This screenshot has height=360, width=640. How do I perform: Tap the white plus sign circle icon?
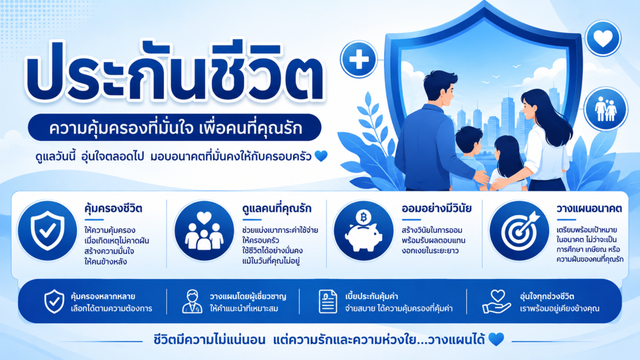[359, 59]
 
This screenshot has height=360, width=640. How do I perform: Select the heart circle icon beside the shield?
[603, 38]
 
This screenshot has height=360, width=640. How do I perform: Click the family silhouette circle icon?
[606, 109]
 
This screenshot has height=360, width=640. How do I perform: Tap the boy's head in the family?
[469, 140]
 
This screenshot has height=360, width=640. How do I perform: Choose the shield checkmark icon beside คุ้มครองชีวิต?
[47, 230]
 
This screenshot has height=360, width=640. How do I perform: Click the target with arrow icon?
[519, 230]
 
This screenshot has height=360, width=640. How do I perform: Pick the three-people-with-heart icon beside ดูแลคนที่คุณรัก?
[204, 230]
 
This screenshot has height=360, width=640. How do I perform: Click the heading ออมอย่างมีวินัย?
[437, 209]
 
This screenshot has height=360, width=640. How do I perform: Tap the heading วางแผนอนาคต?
[589, 209]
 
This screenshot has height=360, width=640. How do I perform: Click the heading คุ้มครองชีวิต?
[114, 209]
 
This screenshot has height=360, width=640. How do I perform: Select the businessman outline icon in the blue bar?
[193, 301]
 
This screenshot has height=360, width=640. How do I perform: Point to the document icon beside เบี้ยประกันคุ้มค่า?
[327, 302]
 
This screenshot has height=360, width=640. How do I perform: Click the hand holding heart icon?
[497, 302]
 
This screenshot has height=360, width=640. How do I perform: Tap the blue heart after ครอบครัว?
[321, 156]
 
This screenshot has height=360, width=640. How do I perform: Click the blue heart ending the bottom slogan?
[496, 339]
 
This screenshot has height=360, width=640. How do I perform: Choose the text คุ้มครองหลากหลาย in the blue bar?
[103, 297]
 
